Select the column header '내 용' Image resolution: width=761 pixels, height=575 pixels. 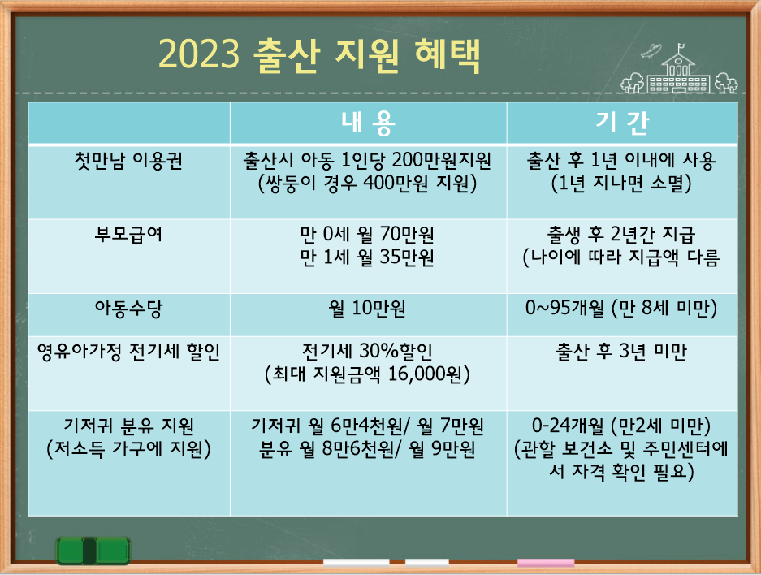click(368, 123)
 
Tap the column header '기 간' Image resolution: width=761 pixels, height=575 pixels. click(621, 123)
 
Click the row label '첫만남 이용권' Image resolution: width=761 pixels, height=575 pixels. click(128, 161)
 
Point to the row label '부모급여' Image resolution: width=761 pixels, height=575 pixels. click(128, 235)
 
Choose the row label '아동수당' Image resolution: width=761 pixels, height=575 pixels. click(128, 309)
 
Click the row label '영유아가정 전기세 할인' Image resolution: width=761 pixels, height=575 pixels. click(128, 352)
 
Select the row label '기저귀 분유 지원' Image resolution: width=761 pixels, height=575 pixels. click(128, 425)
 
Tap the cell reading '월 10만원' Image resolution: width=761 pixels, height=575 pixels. click(368, 309)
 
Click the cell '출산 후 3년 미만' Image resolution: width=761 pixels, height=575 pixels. click(621, 352)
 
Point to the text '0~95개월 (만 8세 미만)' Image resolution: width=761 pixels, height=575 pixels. click(621, 309)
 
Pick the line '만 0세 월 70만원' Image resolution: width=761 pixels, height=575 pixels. click(368, 236)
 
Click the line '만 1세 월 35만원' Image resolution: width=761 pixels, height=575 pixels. click(368, 258)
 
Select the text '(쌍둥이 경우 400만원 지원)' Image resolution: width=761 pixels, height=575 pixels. click(368, 184)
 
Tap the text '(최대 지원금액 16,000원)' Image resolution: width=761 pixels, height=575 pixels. click(368, 374)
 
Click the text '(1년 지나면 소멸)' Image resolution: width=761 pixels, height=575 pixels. click(621, 184)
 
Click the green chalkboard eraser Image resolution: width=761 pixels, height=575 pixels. click(93, 551)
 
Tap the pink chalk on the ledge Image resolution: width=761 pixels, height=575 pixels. click(546, 562)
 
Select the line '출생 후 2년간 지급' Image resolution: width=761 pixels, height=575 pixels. click(621, 236)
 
